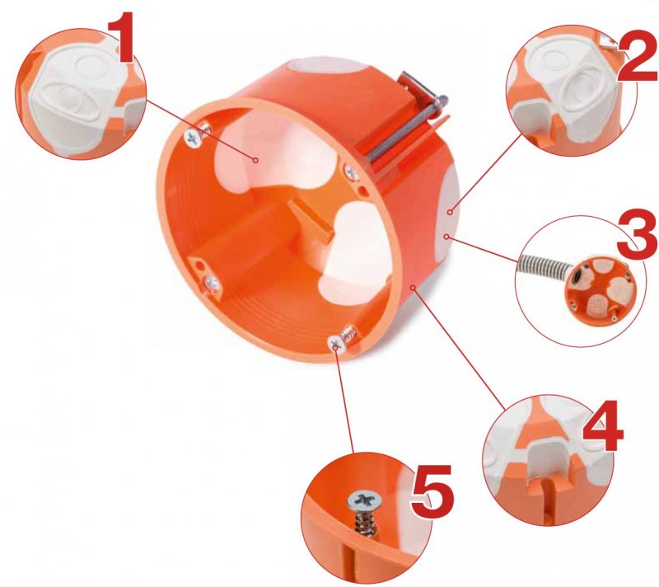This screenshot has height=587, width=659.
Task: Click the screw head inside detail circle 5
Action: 361,500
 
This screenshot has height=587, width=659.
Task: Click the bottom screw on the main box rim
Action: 337,344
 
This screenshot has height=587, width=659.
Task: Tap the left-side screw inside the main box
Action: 212,283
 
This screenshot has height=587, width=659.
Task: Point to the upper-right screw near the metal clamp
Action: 352,171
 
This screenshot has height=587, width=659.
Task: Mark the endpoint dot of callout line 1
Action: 255,160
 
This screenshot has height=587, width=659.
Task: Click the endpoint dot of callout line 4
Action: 414,288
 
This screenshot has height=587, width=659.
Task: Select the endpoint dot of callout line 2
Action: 450,213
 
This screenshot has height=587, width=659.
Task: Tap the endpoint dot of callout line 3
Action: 447,237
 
